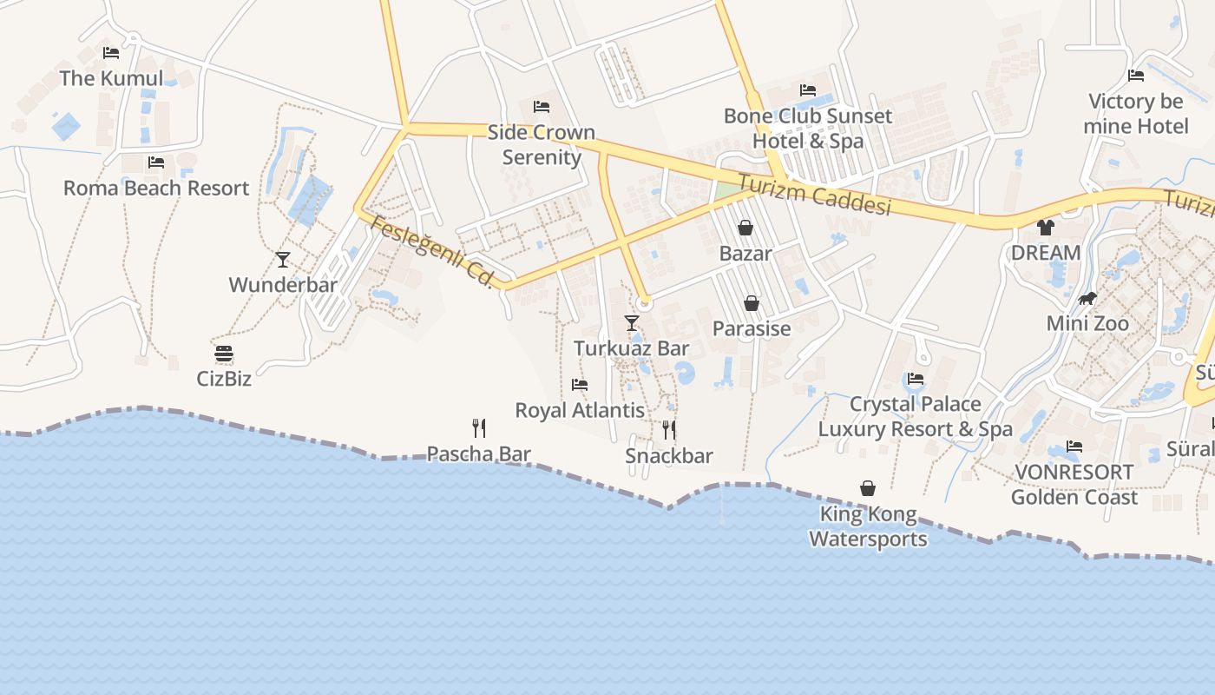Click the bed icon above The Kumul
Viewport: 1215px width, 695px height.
(x=110, y=53)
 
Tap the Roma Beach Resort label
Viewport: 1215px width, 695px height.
(x=156, y=188)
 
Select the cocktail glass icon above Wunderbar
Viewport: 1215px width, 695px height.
(x=283, y=259)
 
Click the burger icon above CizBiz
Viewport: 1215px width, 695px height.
(x=224, y=354)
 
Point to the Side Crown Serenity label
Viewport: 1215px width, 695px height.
(x=542, y=145)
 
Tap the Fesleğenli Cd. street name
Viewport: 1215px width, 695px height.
(x=431, y=252)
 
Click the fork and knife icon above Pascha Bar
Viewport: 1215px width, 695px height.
(x=478, y=427)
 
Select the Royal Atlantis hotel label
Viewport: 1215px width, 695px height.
(x=580, y=410)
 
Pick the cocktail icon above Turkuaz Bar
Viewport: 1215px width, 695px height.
(x=632, y=323)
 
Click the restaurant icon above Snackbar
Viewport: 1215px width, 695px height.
(x=669, y=430)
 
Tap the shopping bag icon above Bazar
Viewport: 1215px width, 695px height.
(x=745, y=228)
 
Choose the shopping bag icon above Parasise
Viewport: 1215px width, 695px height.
(x=752, y=303)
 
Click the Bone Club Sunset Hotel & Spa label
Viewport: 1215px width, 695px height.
(x=808, y=129)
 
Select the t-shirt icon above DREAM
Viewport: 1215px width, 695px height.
(x=1046, y=228)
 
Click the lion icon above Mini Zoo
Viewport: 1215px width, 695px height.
(x=1087, y=299)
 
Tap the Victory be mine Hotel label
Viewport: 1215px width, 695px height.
(x=1136, y=114)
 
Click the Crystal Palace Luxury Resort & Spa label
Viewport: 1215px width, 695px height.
(x=915, y=416)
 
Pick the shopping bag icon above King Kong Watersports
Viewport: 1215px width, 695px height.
(x=868, y=488)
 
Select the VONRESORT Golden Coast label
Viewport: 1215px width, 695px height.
(x=1074, y=485)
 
